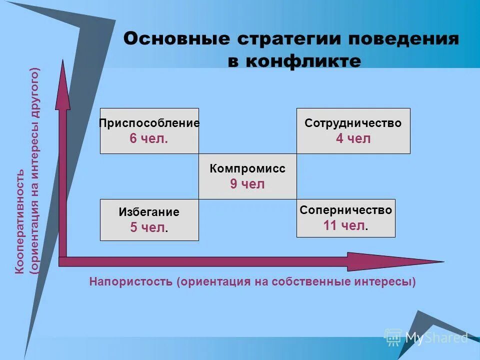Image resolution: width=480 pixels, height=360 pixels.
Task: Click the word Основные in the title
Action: pos(169,39)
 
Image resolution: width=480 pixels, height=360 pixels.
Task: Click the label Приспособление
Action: pos(149,123)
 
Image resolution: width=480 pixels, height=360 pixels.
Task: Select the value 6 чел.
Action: pos(148,139)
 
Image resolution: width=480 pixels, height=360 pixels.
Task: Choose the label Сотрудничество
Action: pos(353,123)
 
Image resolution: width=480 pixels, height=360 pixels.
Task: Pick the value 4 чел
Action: pos(353,139)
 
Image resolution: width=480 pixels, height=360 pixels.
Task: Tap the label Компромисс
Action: pos(247,169)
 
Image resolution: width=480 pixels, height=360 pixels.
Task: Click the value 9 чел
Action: pos(247,184)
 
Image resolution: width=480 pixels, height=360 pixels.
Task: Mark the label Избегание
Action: pos(149,212)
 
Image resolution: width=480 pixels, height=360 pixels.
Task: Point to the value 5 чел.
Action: pos(148,228)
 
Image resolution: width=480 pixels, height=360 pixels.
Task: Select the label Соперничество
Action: pos(346,210)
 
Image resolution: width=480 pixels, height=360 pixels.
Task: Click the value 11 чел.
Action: pos(345,225)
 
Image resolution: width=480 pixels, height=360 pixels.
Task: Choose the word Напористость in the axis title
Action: pos(131,281)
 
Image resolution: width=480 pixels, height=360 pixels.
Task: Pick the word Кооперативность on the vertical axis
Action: pos(20,221)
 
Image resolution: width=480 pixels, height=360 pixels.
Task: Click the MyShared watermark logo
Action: pos(426,337)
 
